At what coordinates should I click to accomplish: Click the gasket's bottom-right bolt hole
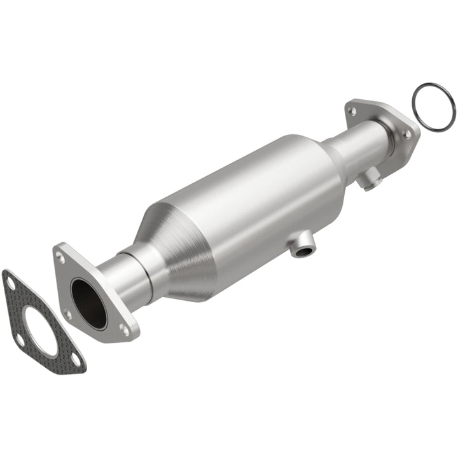76,360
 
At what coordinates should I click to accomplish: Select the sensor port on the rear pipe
369,181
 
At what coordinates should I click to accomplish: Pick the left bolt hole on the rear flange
351,111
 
